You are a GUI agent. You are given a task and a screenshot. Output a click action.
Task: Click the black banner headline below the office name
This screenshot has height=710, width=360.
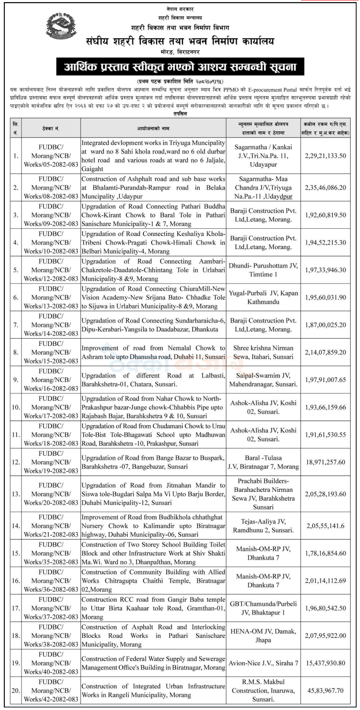click(180, 67)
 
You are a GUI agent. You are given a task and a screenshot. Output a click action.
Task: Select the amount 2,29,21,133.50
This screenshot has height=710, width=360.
click(325, 156)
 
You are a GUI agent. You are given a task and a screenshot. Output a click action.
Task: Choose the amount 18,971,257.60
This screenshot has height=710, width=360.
click(325, 462)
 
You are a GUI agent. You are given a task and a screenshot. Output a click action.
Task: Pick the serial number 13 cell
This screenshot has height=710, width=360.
click(16, 494)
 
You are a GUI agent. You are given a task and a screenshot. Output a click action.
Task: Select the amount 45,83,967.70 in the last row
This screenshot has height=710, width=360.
click(325, 690)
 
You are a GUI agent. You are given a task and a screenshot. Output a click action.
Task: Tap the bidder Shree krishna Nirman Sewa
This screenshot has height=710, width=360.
click(263, 352)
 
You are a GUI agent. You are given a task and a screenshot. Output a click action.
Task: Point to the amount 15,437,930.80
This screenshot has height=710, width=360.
click(325, 663)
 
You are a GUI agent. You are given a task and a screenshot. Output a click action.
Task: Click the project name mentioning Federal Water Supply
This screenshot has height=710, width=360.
click(153, 663)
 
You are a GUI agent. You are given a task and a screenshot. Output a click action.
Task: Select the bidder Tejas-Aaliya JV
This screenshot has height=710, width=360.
click(263, 525)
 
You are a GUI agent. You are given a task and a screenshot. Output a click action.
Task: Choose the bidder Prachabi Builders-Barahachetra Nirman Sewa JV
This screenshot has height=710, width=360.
click(263, 494)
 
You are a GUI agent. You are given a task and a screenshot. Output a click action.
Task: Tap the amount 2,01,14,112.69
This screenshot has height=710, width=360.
click(325, 581)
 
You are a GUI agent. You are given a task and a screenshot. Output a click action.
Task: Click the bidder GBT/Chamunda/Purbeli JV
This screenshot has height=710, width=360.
click(263, 608)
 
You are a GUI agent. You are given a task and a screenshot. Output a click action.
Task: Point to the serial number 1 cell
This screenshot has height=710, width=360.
click(16, 156)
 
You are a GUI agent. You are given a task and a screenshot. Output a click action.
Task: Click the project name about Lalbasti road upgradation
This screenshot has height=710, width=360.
click(153, 380)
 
